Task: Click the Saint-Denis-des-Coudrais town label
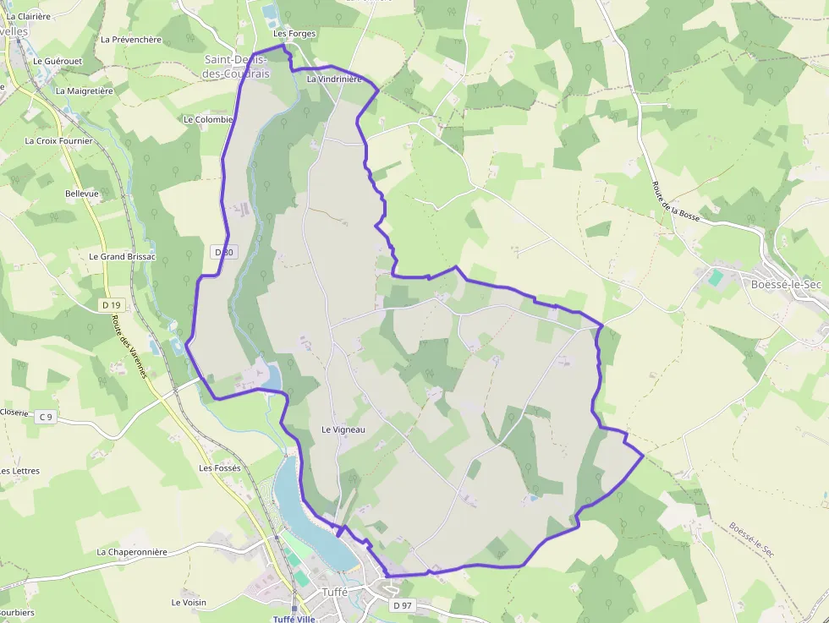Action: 237,67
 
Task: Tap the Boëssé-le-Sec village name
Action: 786,284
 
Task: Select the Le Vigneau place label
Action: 343,429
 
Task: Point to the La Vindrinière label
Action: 334,79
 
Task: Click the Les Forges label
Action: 294,34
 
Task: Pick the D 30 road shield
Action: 223,252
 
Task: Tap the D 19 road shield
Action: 110,304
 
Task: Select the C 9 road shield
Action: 46,417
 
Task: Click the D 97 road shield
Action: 402,606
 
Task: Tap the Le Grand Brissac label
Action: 123,256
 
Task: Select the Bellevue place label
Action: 82,194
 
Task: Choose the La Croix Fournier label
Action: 58,141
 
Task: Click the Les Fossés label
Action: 220,467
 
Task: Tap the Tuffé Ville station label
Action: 294,619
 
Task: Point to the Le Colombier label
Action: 208,119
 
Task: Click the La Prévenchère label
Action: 130,39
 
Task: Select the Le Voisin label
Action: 189,603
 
